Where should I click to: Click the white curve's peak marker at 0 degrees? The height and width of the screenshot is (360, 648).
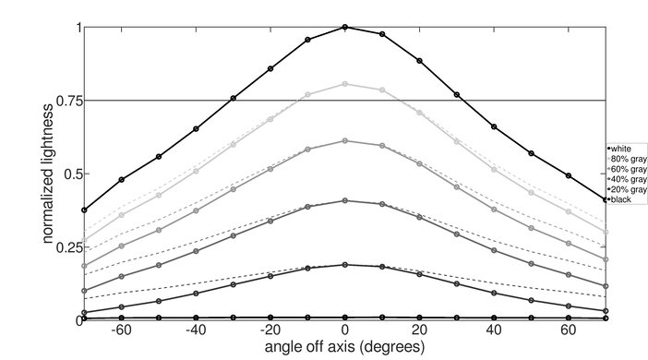345,28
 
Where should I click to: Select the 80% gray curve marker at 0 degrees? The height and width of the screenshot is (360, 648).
345,84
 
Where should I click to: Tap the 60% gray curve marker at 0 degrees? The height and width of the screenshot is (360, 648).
345,140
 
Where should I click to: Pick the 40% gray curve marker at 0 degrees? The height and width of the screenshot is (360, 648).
345,200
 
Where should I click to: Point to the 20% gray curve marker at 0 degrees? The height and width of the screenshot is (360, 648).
345,265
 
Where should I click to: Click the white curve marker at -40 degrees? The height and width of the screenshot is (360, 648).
196,129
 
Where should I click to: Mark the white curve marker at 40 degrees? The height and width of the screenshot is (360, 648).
494,126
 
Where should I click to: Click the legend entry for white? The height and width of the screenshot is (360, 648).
620,149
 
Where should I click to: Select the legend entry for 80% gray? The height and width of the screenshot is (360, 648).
624,159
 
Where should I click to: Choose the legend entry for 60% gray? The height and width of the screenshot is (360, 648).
624,169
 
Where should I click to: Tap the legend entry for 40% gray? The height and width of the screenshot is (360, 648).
624,179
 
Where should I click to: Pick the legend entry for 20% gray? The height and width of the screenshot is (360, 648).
624,189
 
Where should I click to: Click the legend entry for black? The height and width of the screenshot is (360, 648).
620,199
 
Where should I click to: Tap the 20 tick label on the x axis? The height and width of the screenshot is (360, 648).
419,330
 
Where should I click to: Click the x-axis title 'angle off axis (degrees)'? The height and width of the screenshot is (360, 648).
343,348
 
